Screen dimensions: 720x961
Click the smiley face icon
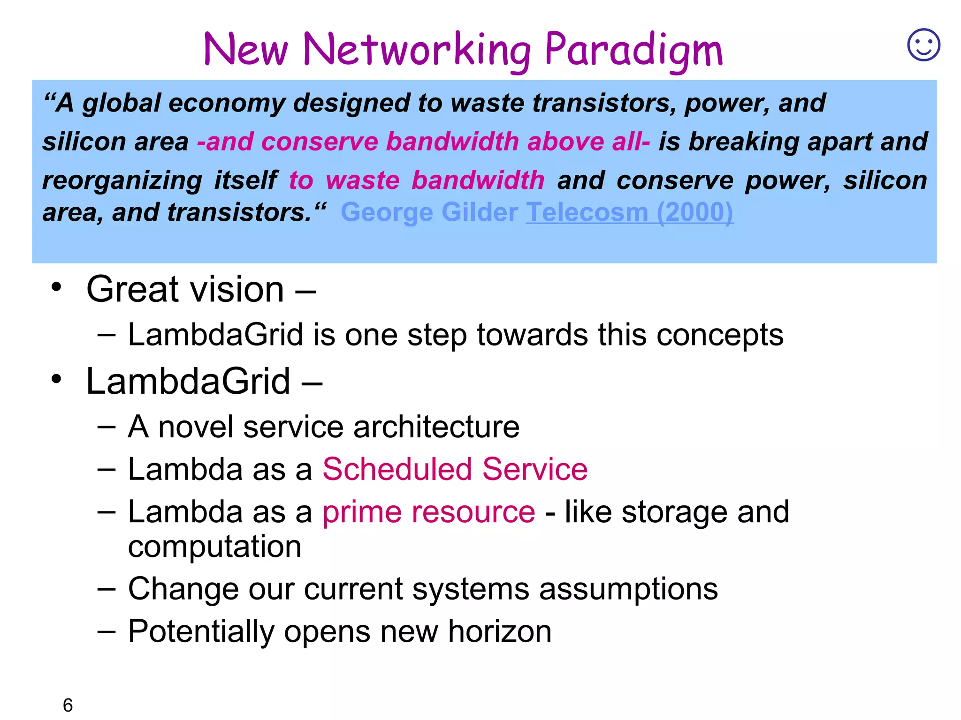point(923,45)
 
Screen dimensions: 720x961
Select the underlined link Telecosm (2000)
point(629,212)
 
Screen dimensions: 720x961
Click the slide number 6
point(68,705)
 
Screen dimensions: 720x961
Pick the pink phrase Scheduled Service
point(455,469)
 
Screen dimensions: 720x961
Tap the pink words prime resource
point(428,511)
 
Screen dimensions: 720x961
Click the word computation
point(214,547)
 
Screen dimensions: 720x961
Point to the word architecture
point(436,427)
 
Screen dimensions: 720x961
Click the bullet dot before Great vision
point(57,287)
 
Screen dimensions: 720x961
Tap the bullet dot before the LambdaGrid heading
point(57,379)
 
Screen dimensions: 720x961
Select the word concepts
point(719,335)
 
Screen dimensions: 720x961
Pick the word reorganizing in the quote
point(122,181)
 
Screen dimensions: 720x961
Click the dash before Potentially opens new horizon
point(107,631)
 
